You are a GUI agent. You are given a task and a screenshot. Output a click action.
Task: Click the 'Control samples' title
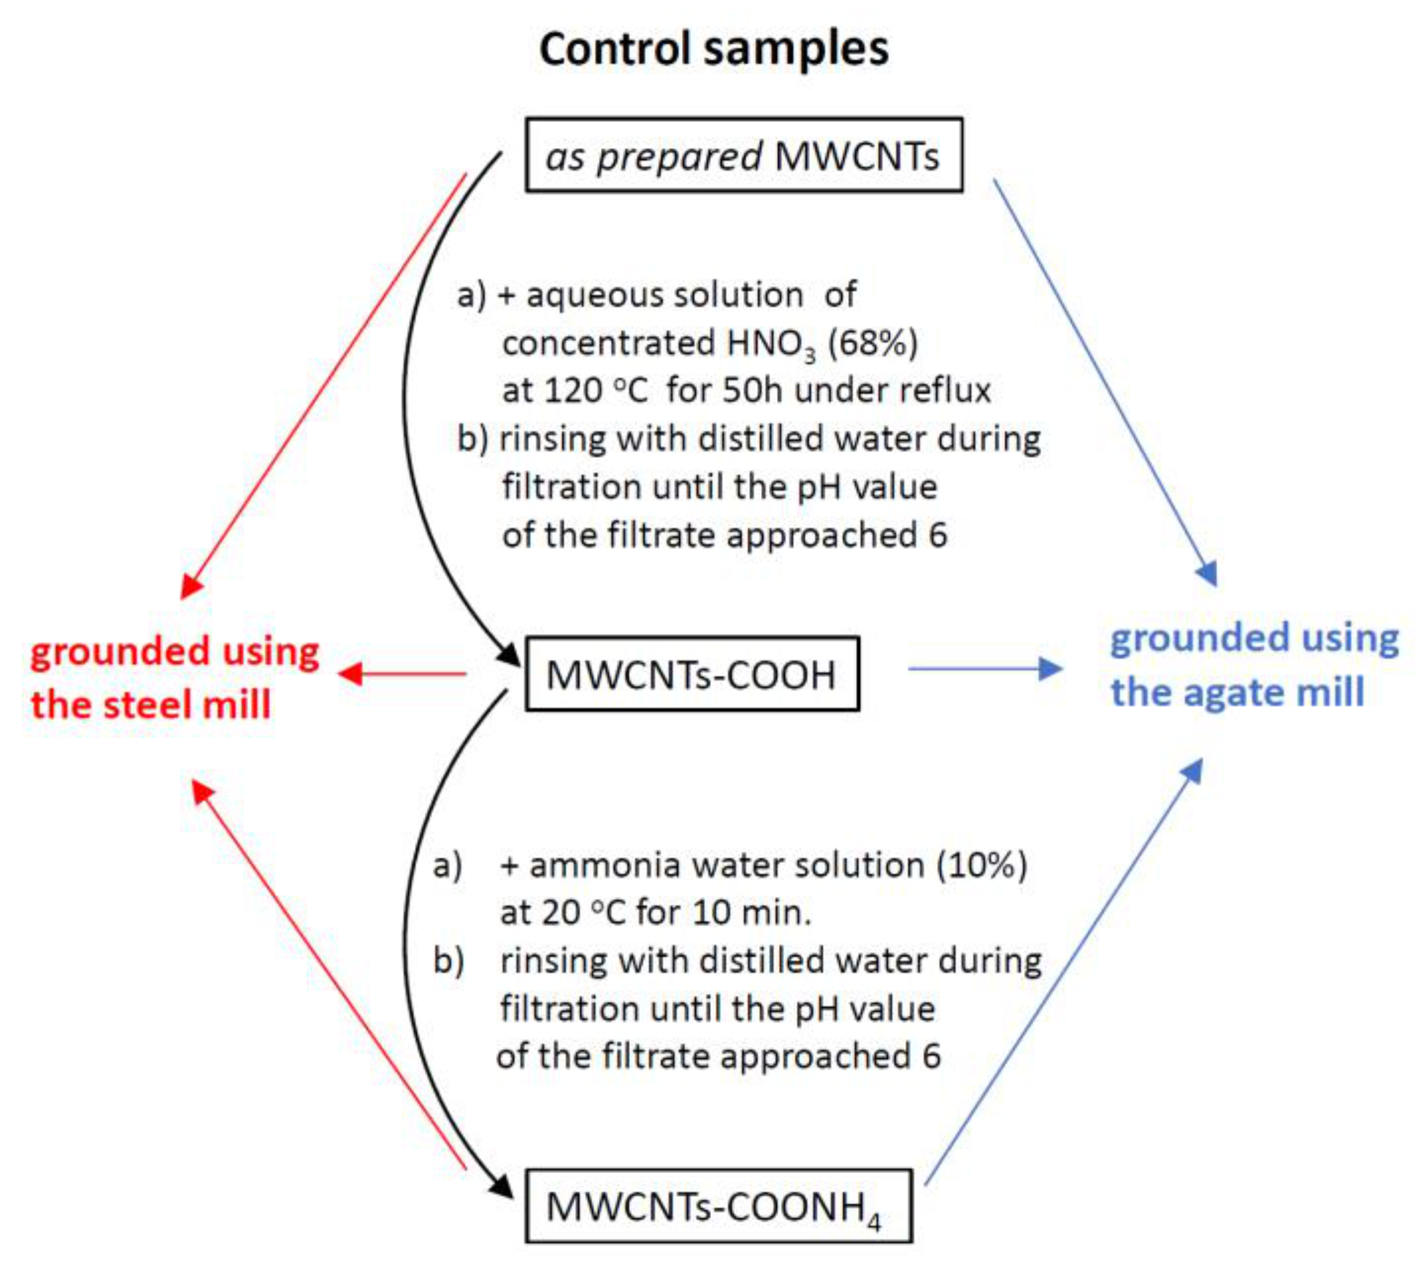(x=713, y=49)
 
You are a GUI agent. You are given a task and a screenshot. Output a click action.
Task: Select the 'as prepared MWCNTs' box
(x=743, y=156)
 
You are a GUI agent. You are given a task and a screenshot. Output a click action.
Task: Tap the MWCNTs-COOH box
(x=692, y=675)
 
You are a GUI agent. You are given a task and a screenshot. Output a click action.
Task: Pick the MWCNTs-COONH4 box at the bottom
(x=718, y=1206)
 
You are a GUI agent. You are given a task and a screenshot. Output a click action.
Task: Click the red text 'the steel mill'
(x=150, y=705)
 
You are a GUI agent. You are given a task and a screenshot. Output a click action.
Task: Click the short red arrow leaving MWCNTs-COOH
(x=403, y=674)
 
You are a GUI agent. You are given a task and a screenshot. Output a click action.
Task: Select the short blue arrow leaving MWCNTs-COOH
(x=984, y=668)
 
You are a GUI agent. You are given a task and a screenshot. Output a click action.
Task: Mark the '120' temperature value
(x=573, y=391)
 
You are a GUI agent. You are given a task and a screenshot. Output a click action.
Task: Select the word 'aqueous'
(x=594, y=296)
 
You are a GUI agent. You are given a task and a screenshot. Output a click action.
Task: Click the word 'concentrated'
(x=608, y=344)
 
